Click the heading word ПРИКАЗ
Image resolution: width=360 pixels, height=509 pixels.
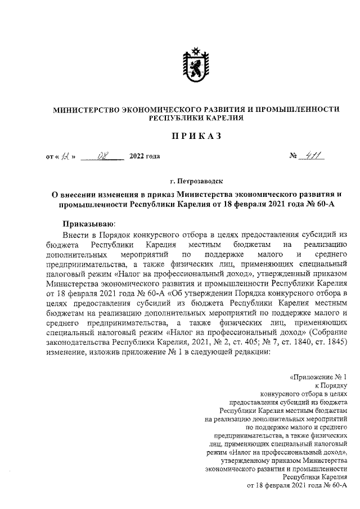click(x=196, y=137)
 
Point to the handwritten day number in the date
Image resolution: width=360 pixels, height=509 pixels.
click(x=67, y=156)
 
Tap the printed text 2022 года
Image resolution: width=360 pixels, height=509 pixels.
click(x=145, y=157)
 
